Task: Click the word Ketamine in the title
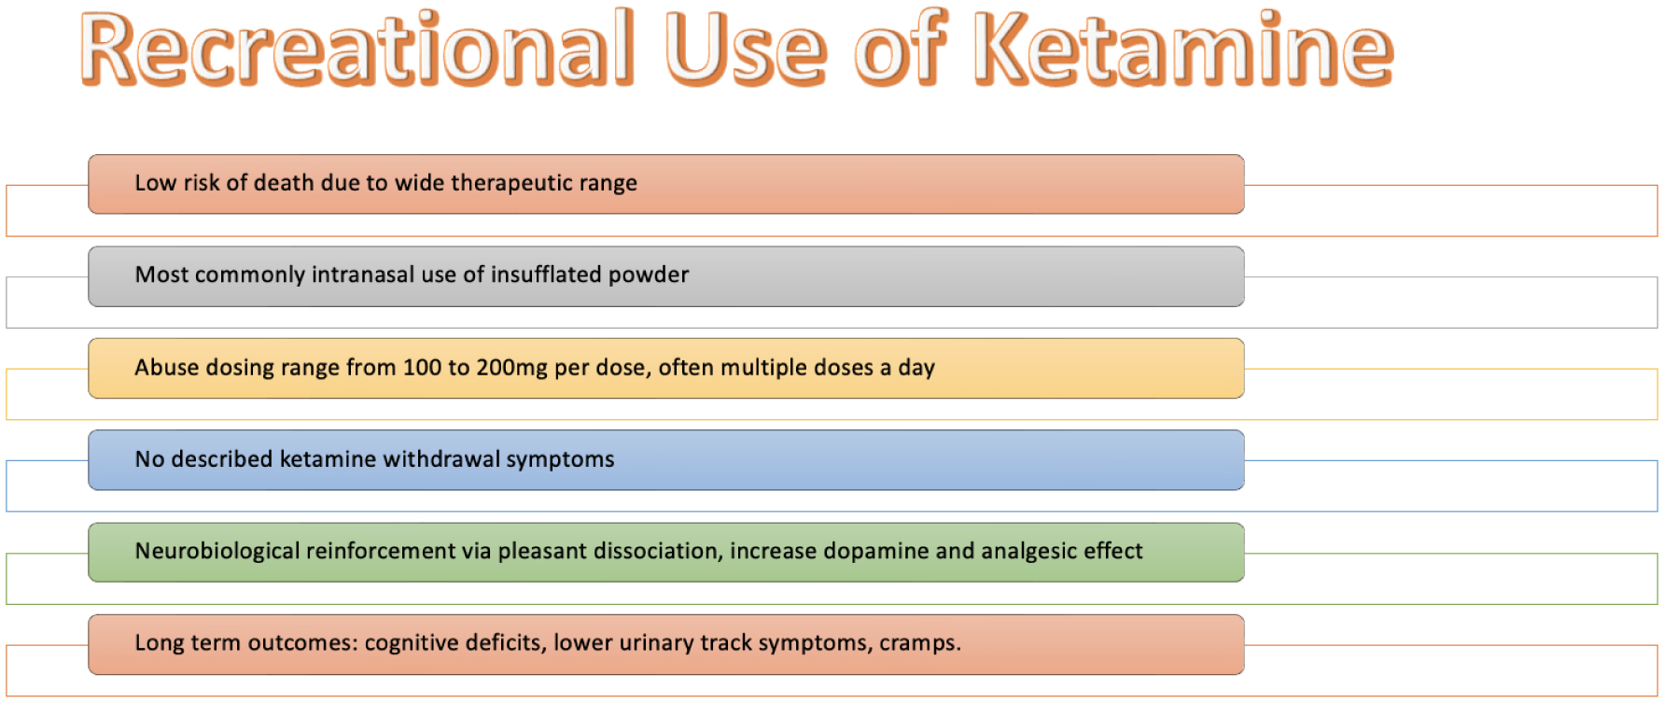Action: pos(1183,49)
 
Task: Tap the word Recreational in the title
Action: pos(357,49)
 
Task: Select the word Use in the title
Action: pos(746,49)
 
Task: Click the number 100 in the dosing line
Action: pos(422,367)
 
